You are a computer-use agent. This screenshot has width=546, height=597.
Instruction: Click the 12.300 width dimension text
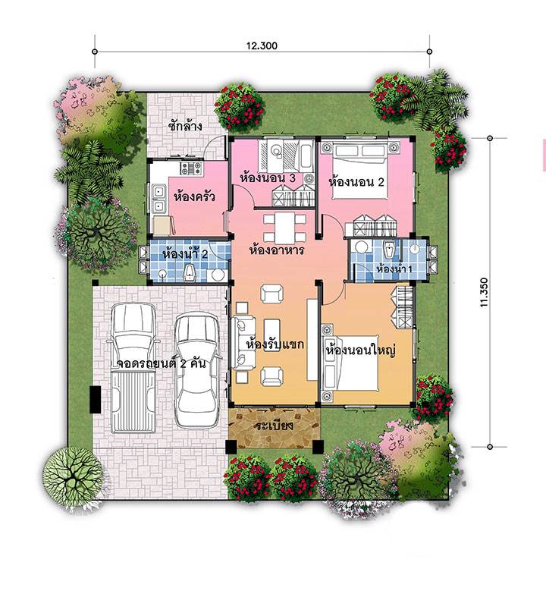[262, 46]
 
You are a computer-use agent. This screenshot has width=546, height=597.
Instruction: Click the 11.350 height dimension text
[484, 292]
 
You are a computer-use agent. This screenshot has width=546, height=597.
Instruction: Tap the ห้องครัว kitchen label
[194, 196]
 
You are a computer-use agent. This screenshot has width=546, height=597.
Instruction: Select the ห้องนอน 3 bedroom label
[273, 178]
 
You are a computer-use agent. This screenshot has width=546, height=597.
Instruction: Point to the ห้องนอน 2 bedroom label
[356, 181]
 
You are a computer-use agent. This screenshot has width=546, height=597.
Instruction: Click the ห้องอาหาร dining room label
[277, 250]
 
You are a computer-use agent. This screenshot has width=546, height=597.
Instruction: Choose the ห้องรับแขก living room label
[275, 344]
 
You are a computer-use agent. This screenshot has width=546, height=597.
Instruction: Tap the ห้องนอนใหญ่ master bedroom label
[361, 350]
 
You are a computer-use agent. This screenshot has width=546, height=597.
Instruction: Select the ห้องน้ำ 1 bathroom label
[394, 269]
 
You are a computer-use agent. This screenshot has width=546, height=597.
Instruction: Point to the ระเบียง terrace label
[275, 426]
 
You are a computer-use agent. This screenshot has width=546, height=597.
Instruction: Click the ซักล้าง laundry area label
[185, 126]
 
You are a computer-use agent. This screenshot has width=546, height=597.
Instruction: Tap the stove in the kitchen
[191, 168]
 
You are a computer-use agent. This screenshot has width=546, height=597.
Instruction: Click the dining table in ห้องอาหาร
[284, 228]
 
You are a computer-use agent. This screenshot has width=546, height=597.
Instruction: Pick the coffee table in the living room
[272, 335]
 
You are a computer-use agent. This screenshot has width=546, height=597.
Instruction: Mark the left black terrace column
[231, 446]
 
